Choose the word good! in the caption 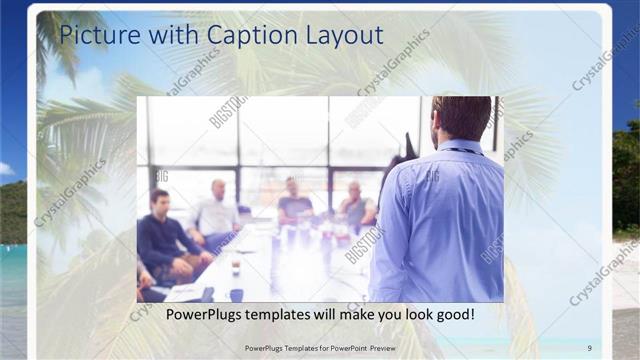point(452,315)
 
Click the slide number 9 point(590,347)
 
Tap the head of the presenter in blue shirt point(461,118)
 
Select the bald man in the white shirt point(216,210)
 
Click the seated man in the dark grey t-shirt point(295,203)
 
